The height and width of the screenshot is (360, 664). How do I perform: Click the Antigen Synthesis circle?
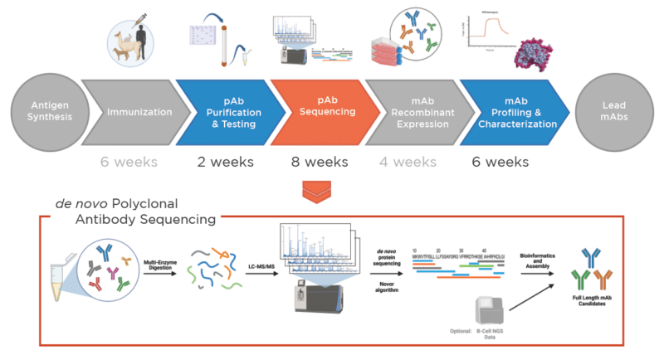coord(41,110)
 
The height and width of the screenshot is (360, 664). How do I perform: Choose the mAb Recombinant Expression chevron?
coord(416,110)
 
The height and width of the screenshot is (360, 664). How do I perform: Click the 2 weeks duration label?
coord(223,162)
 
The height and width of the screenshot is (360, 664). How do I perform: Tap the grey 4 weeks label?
coord(411,162)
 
